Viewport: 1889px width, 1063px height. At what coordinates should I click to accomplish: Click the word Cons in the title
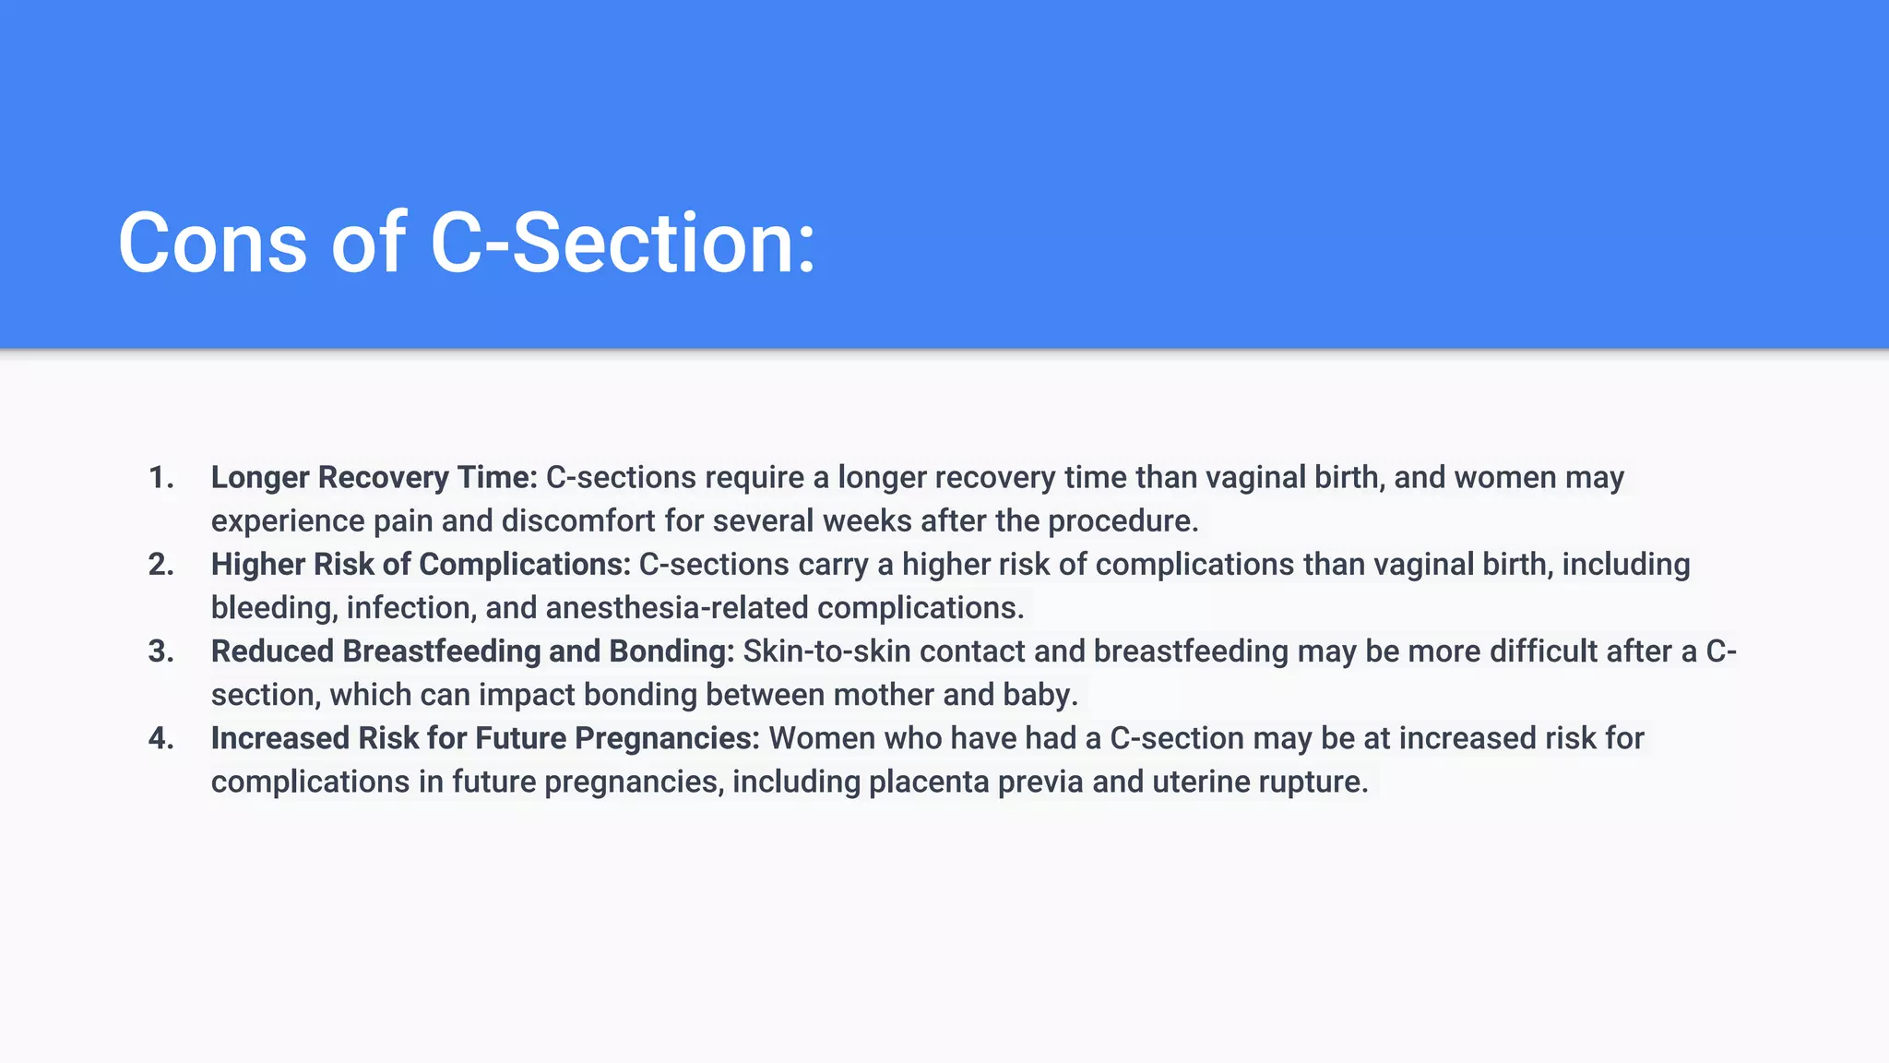[x=212, y=244]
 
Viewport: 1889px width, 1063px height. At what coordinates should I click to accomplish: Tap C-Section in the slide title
[x=623, y=244]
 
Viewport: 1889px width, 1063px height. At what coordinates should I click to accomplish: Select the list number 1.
[x=160, y=478]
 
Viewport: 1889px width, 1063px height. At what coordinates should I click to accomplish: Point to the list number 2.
[x=160, y=565]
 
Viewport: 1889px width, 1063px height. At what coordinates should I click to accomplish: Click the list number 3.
[x=160, y=651]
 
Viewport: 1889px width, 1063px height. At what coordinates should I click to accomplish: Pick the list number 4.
[x=160, y=738]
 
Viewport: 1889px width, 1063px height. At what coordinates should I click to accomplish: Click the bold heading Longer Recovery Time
[x=374, y=478]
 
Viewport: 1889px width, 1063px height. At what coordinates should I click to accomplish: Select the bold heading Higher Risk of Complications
[x=421, y=565]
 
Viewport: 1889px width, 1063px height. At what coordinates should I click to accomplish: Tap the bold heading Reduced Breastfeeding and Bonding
[x=472, y=651]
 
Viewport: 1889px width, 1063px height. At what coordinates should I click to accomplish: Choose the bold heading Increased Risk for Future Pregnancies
[x=485, y=738]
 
